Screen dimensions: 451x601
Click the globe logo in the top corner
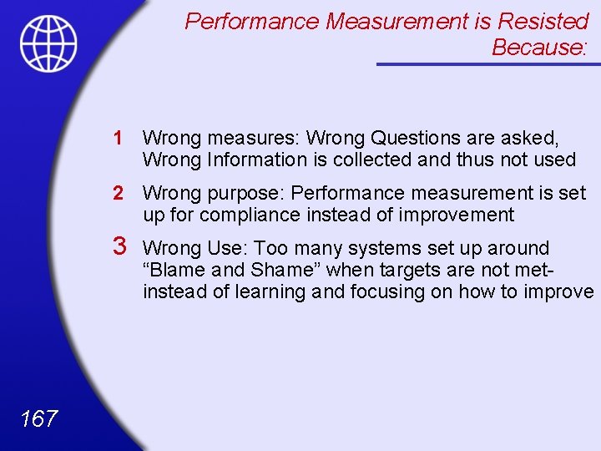click(48, 43)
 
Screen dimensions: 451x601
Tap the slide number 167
click(39, 418)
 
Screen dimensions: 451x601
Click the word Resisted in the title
click(543, 22)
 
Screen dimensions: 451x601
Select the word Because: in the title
click(540, 48)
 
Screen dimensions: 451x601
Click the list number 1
click(119, 137)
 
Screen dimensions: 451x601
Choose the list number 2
click(119, 193)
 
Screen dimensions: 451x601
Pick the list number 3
click(119, 247)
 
